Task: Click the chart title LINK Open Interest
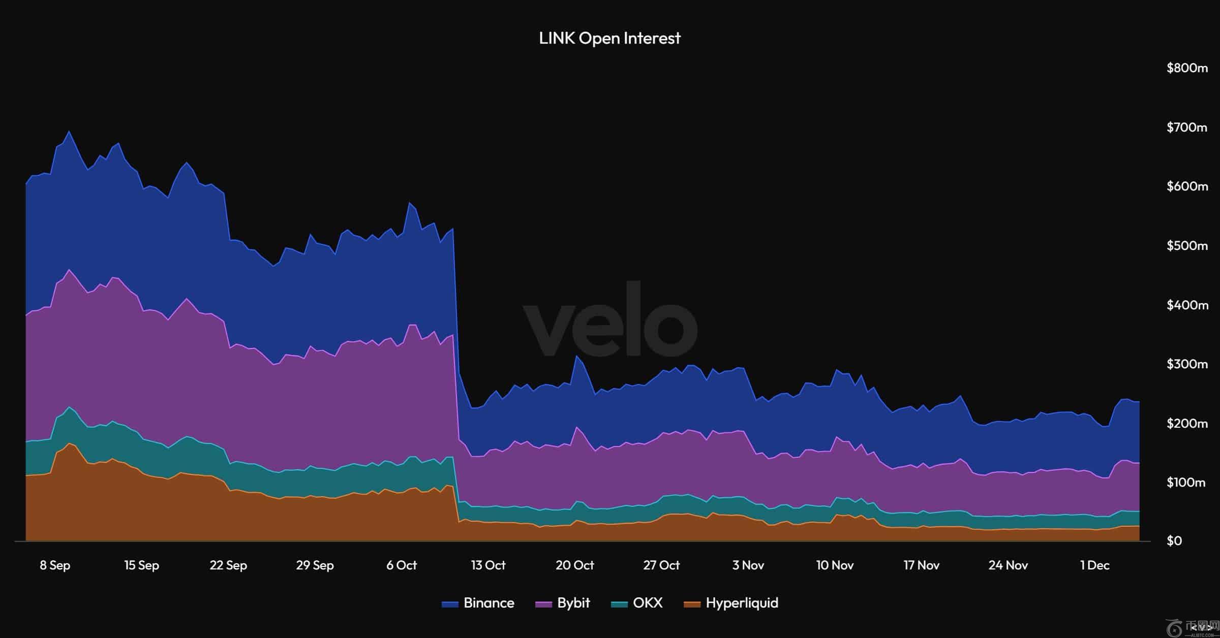[x=609, y=38]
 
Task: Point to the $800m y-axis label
[x=1187, y=68]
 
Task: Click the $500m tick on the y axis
[x=1187, y=246]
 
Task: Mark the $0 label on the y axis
[x=1174, y=541]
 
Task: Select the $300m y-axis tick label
[x=1187, y=364]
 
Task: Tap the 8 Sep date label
[x=55, y=565]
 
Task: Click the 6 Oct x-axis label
[x=402, y=565]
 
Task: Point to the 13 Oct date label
[x=488, y=565]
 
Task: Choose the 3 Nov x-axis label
[x=748, y=565]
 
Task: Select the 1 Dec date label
[x=1094, y=565]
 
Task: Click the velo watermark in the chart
[x=610, y=320]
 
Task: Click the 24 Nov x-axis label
[x=1008, y=565]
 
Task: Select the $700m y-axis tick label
[x=1187, y=127]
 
